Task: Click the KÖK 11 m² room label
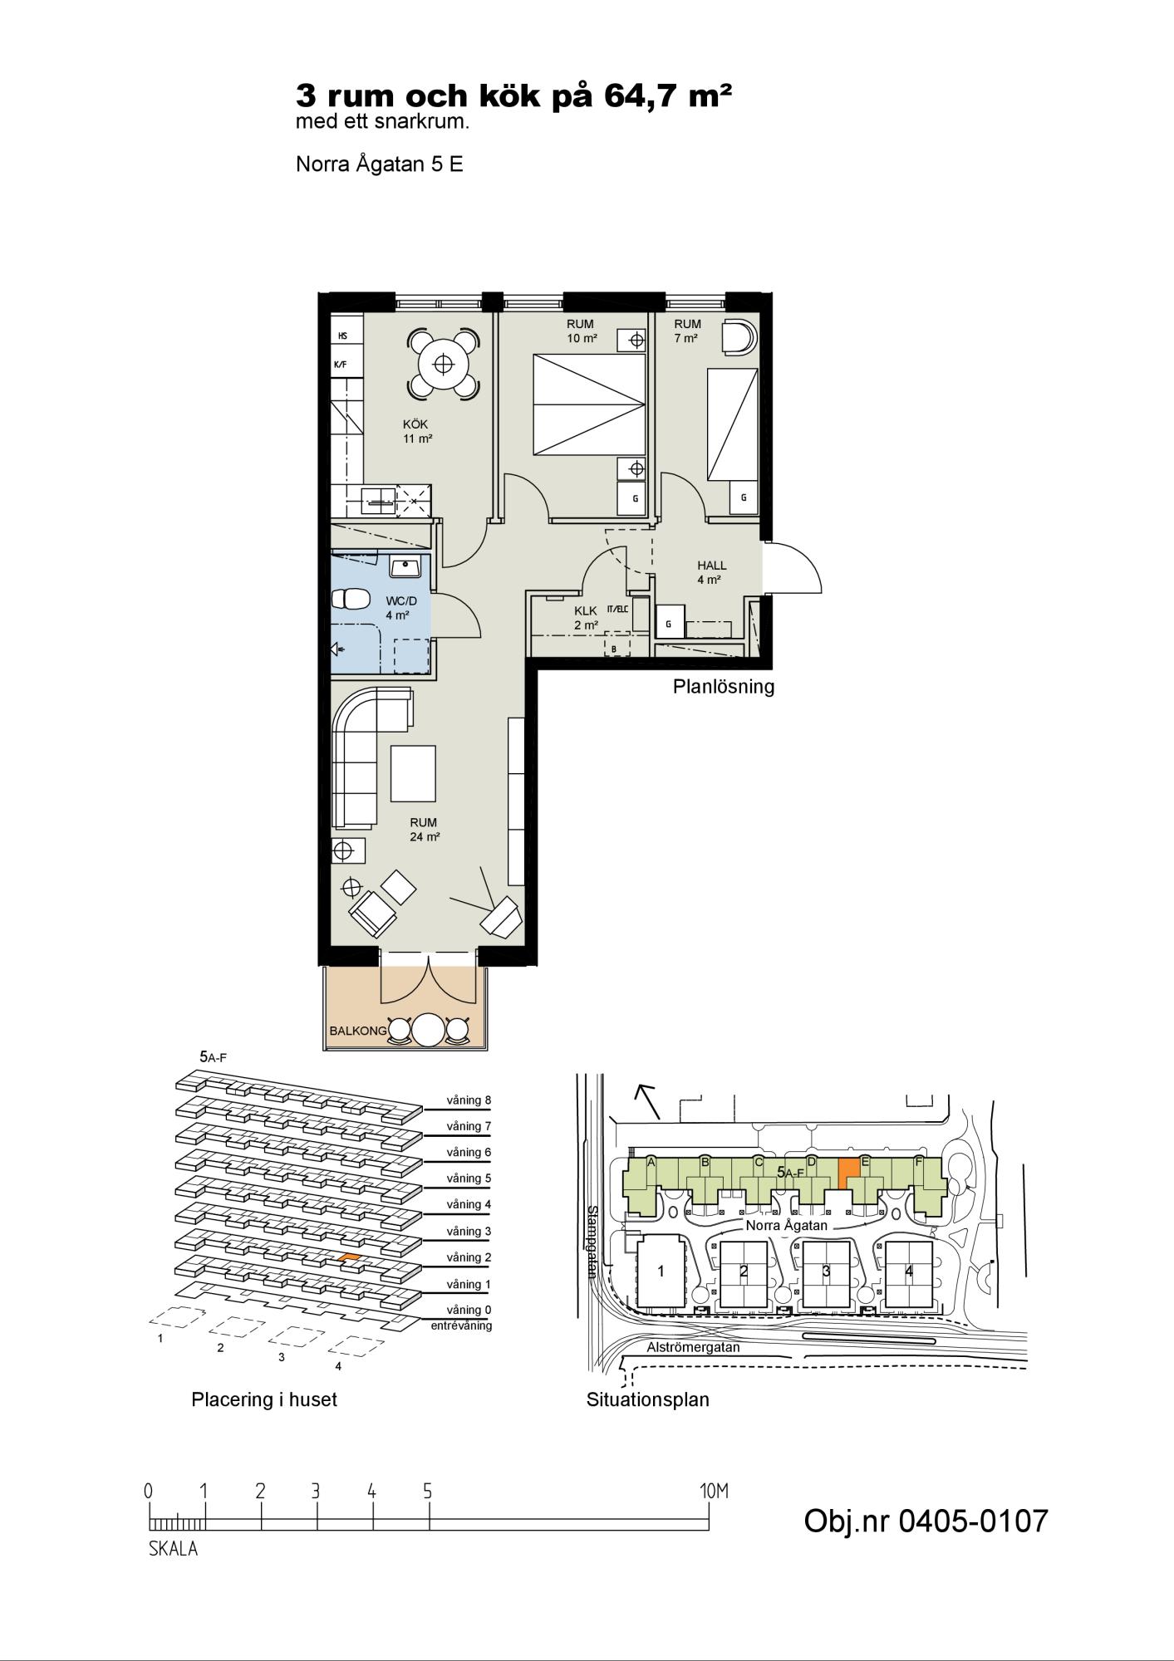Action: click(x=418, y=431)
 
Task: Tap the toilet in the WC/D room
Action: click(x=350, y=598)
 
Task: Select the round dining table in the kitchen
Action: click(x=444, y=364)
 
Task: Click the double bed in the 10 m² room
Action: click(x=587, y=404)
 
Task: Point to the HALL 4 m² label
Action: click(x=711, y=572)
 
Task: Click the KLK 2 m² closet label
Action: click(x=586, y=618)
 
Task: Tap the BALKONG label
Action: click(x=358, y=1031)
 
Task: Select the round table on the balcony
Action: click(x=429, y=1031)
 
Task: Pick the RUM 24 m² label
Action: click(x=424, y=830)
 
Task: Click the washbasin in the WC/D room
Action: click(x=408, y=567)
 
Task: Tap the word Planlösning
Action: click(x=723, y=687)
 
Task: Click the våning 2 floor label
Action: click(x=469, y=1257)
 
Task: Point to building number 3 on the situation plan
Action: click(x=826, y=1271)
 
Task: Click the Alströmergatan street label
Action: click(x=693, y=1347)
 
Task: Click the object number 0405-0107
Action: click(x=926, y=1521)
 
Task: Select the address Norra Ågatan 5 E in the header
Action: click(x=380, y=164)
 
